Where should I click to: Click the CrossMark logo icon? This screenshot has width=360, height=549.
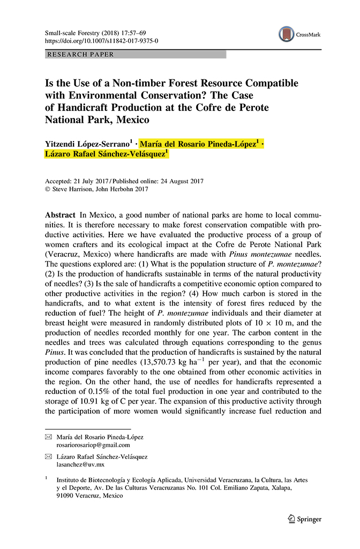tap(287, 34)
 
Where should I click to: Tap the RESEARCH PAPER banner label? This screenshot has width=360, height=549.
tap(81, 55)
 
